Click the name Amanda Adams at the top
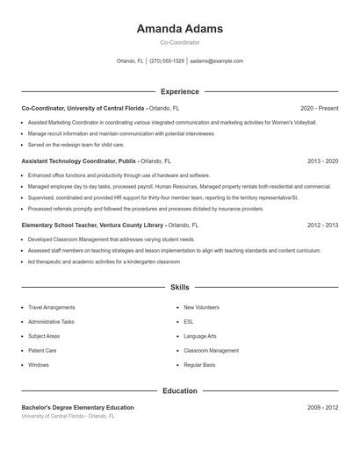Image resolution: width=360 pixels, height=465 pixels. click(x=179, y=28)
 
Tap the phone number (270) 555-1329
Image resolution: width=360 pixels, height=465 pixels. click(x=167, y=61)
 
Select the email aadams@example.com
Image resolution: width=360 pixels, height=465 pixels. click(x=216, y=61)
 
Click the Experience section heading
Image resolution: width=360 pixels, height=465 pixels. click(x=179, y=91)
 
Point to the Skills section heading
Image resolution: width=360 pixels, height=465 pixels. click(x=179, y=287)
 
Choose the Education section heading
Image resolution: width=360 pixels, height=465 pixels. click(x=179, y=390)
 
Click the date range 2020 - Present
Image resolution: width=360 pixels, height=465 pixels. click(x=319, y=108)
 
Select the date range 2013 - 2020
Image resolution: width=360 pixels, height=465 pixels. click(x=322, y=161)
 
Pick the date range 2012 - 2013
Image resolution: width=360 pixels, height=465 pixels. click(x=322, y=225)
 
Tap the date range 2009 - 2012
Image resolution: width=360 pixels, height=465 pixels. click(x=322, y=408)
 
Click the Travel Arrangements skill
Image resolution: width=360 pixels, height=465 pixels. click(x=52, y=308)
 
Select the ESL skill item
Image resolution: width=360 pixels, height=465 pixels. click(x=188, y=322)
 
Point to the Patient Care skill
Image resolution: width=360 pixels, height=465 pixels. click(x=42, y=350)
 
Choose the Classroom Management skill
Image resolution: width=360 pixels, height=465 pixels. click(x=211, y=350)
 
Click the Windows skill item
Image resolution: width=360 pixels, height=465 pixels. click(x=39, y=364)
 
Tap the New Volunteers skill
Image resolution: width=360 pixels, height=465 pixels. click(x=201, y=308)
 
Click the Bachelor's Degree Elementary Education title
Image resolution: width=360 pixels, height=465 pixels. click(x=78, y=408)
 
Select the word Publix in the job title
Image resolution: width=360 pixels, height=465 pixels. click(x=127, y=161)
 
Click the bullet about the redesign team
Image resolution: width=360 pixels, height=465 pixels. click(x=76, y=144)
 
